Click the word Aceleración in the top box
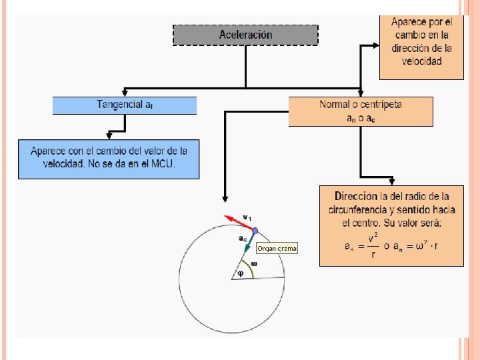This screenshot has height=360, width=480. [x=245, y=35]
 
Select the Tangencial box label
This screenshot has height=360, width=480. [x=119, y=105]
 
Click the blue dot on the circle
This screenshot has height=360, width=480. [x=254, y=231]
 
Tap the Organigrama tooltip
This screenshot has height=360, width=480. [x=277, y=248]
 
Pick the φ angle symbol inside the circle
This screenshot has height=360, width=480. [x=241, y=273]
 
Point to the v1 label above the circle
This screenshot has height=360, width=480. [x=247, y=217]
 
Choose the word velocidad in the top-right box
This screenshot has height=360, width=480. [x=421, y=61]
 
